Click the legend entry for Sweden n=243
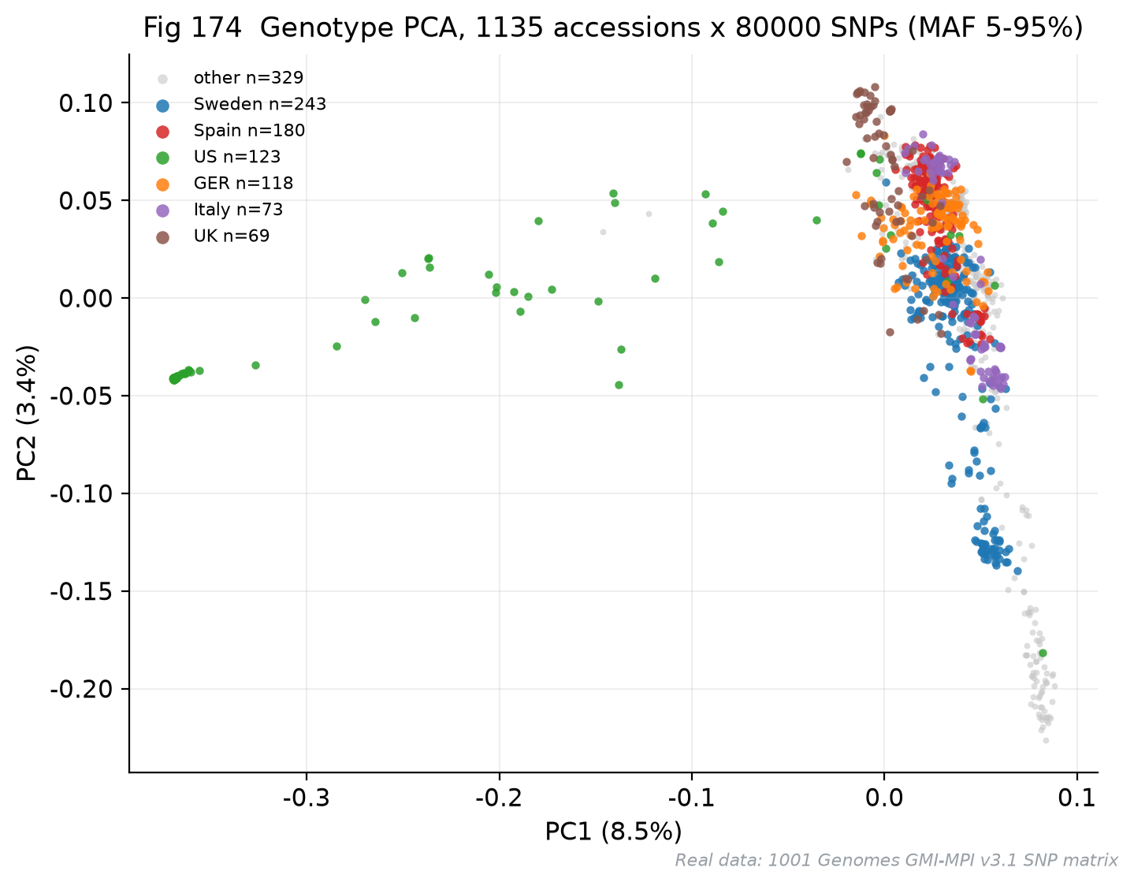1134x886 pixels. (260, 104)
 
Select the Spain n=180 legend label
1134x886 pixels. (250, 130)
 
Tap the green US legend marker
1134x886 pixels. (163, 158)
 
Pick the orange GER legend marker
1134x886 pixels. (163, 184)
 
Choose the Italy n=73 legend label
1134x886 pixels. (238, 209)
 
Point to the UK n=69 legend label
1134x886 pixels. (232, 236)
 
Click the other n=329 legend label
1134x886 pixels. (248, 78)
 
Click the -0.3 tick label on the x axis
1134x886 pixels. (307, 798)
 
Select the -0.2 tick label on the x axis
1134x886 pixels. (499, 798)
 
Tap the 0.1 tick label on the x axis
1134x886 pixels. (1077, 798)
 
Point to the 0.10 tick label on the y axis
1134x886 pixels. (86, 102)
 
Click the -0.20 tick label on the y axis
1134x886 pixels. (81, 689)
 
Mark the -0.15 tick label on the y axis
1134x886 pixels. (81, 592)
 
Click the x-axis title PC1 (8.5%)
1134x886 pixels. (613, 832)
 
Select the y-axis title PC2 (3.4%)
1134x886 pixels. (26, 413)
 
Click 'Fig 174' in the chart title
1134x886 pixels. (192, 27)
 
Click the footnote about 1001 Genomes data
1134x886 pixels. (896, 861)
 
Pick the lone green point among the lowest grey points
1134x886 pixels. (1043, 653)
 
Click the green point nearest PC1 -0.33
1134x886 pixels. (255, 365)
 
